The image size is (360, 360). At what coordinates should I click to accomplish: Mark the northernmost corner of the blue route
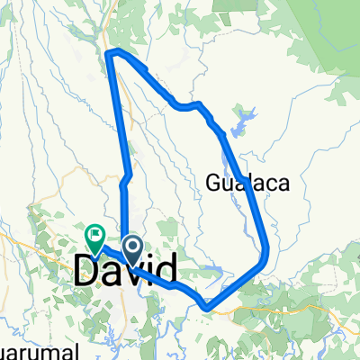tap(110, 55)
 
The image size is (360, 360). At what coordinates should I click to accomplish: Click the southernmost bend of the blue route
tap(209, 309)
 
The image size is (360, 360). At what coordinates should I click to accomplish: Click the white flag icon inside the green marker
tap(94, 236)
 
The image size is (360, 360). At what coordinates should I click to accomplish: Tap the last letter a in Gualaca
tap(282, 184)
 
